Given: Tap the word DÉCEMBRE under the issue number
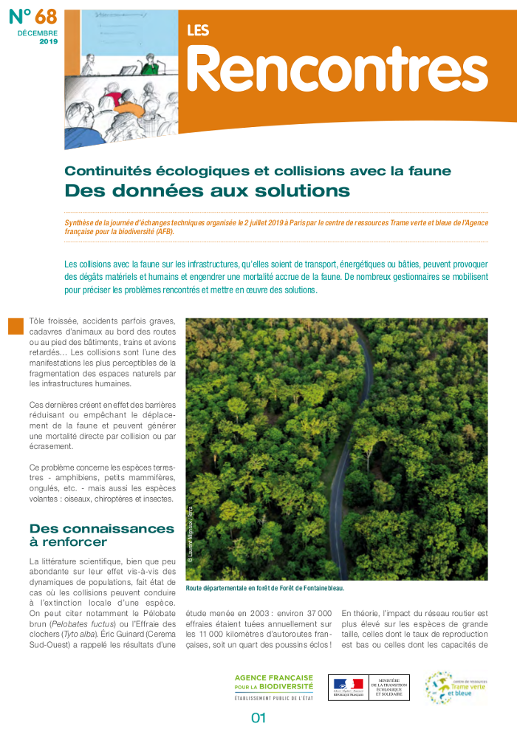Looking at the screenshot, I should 38,34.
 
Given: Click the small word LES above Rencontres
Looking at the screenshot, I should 198,30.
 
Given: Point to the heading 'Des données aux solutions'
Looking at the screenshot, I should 207,191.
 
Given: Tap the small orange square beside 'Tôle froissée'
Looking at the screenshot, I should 16,326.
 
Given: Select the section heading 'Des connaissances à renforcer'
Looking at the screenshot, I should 101,536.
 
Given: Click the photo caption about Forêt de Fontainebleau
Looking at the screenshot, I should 265,588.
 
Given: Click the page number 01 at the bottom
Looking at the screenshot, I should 258,717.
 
